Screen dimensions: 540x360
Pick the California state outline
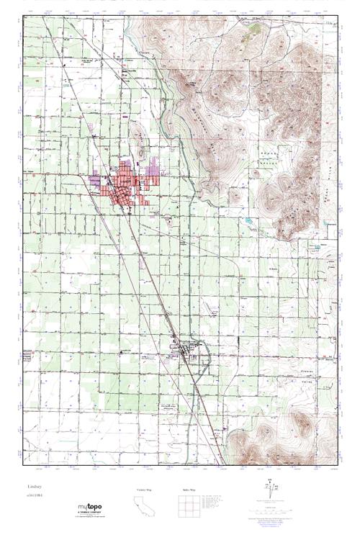[145, 507]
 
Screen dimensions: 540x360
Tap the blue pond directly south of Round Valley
[248, 218]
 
